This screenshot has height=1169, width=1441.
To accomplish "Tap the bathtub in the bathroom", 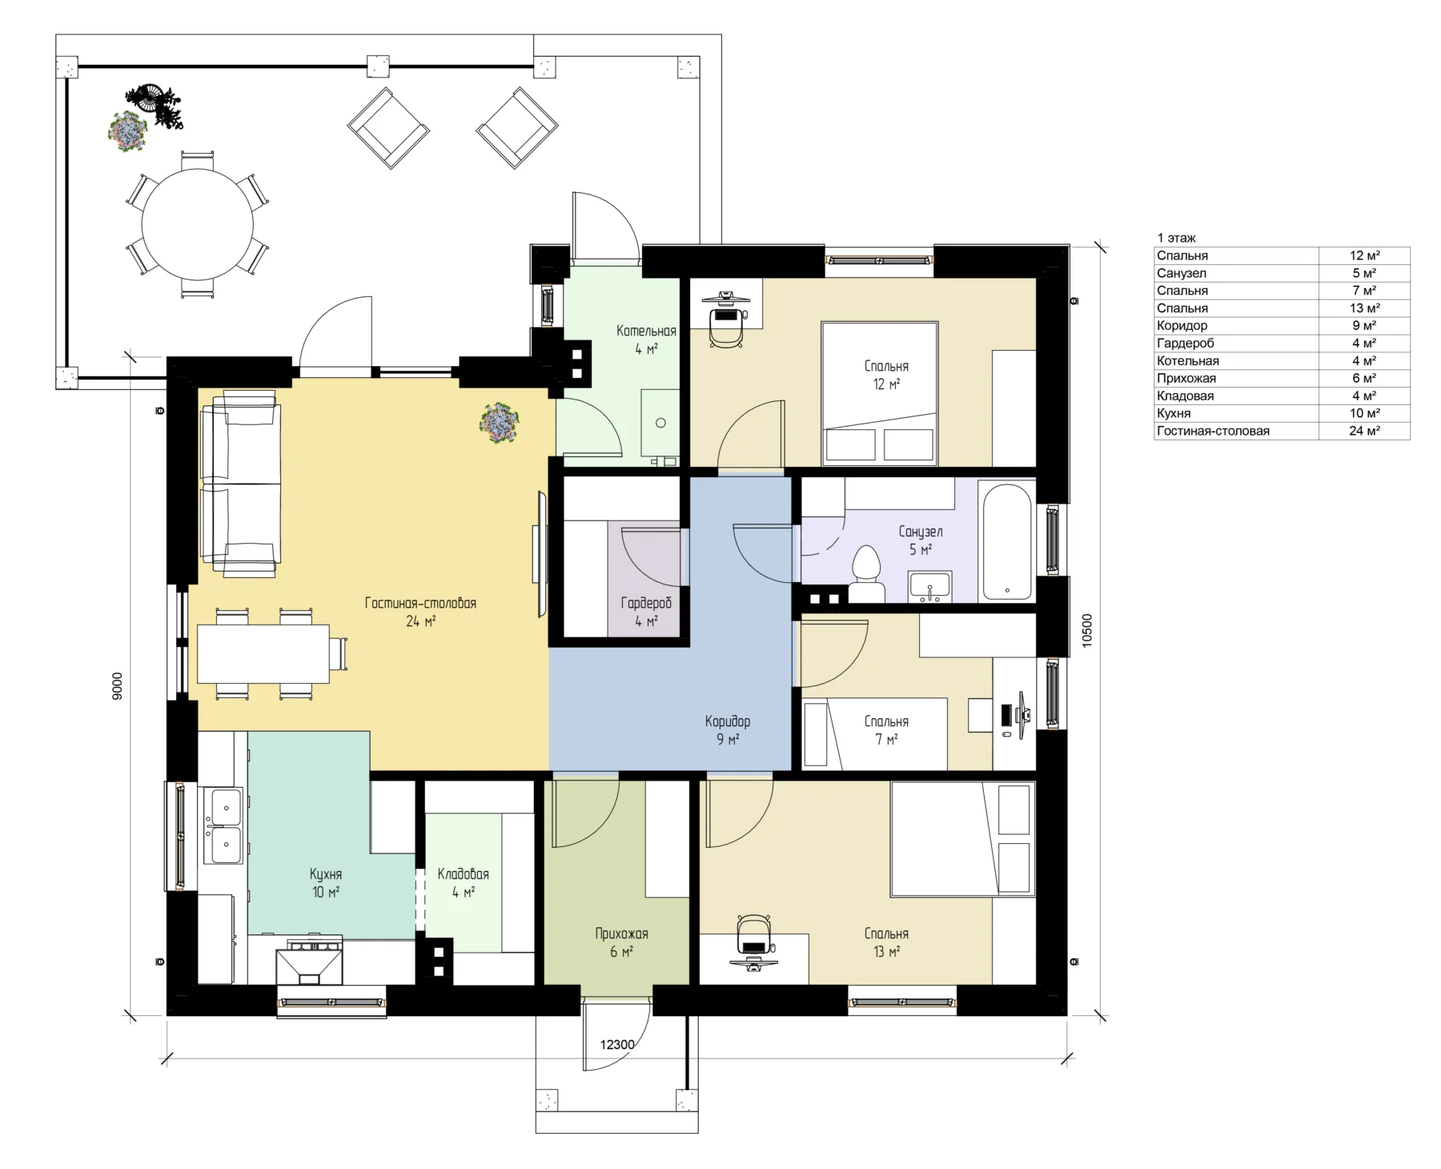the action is pyautogui.click(x=1007, y=541).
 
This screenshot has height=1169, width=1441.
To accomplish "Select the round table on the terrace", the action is pyautogui.click(x=198, y=225).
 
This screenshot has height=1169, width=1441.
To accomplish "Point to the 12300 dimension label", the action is pyautogui.click(x=617, y=1044).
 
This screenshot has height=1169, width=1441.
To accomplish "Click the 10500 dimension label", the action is pyautogui.click(x=1086, y=630).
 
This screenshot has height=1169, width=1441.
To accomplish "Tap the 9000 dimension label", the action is pyautogui.click(x=118, y=686).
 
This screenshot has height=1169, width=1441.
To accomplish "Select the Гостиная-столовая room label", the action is pyautogui.click(x=420, y=603).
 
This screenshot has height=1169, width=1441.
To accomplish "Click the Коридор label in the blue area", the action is pyautogui.click(x=727, y=721).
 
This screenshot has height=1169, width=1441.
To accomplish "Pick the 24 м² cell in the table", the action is pyautogui.click(x=1364, y=431).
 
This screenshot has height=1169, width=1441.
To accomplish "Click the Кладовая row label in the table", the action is pyautogui.click(x=1185, y=396).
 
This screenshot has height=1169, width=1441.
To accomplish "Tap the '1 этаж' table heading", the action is pyautogui.click(x=1176, y=238).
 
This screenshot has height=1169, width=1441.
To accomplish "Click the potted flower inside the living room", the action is pyautogui.click(x=500, y=422).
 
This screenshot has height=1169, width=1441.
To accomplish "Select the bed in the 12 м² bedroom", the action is pyautogui.click(x=880, y=392).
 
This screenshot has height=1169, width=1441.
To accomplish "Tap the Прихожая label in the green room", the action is pyautogui.click(x=621, y=934).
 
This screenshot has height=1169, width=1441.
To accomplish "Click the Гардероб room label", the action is pyautogui.click(x=646, y=603).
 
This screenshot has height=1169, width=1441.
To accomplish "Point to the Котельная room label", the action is pyautogui.click(x=646, y=331).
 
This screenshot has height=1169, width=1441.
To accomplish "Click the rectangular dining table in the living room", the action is pyautogui.click(x=263, y=653).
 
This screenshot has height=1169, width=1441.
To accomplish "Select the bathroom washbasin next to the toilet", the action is pyautogui.click(x=929, y=586).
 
